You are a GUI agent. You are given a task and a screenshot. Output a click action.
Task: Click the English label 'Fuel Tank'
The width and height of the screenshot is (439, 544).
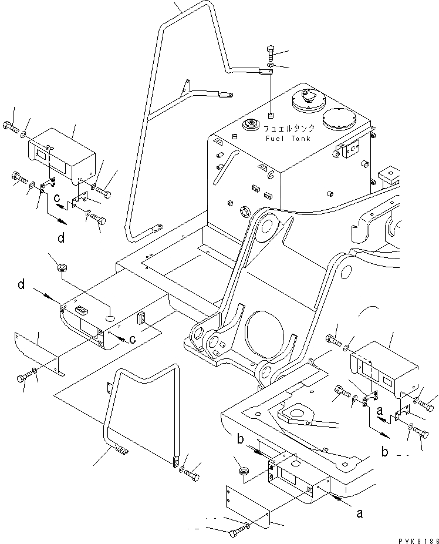288,139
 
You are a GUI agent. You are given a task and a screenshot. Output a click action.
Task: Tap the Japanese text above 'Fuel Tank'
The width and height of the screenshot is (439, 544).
289,129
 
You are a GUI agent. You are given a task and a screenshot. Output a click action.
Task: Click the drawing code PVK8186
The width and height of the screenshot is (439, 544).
418,540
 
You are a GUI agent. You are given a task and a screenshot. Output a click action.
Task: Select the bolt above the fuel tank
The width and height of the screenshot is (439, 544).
271,53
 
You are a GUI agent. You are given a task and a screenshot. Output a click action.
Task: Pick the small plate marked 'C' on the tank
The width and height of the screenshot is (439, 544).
352,149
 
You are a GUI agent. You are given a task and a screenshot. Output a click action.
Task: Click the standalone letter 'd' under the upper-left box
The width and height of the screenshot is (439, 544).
61,239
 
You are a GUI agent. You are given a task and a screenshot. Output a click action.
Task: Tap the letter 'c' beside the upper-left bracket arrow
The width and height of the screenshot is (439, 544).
57,198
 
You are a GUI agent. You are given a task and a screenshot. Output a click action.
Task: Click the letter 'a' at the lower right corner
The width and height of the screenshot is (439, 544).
360,513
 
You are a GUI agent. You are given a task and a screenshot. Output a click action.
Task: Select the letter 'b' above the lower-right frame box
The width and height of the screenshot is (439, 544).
240,438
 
